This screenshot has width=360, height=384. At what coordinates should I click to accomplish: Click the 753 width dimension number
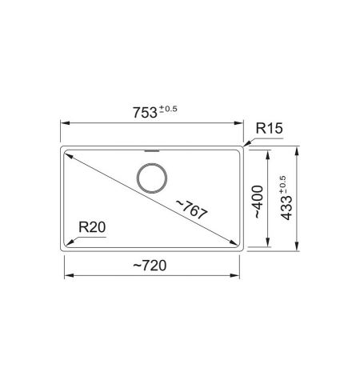pos(145,113)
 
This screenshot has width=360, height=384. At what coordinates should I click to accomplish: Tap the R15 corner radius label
pos(269,128)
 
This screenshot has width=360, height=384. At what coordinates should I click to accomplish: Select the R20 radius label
pos(92,227)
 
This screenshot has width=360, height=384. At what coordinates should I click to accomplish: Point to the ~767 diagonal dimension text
pos(191,210)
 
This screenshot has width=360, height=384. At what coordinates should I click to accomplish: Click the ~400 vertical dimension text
pos(258,202)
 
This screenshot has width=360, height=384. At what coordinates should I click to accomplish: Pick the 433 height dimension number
pos(287,208)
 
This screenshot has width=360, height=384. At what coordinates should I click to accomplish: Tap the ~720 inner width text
pos(150,266)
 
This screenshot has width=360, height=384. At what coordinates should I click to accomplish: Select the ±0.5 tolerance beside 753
pos(168,109)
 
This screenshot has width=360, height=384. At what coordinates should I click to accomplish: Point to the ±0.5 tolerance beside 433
pos(282,185)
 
